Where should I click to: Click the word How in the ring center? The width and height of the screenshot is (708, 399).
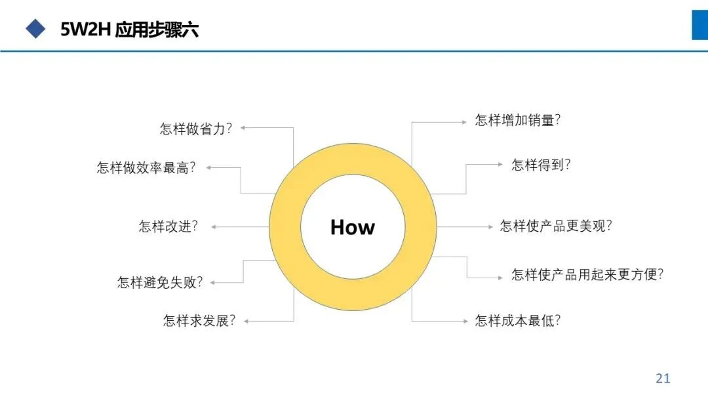(353, 227)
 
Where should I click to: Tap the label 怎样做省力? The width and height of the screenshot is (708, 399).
(196, 129)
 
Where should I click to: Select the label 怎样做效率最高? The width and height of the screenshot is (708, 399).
(146, 168)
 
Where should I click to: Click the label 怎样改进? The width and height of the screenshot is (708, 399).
(168, 226)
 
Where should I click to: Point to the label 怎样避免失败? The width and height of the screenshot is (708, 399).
(160, 282)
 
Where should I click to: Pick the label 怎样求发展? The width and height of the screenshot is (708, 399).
(199, 321)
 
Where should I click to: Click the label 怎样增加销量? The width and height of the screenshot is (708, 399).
(517, 121)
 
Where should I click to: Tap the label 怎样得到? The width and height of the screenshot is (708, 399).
(541, 165)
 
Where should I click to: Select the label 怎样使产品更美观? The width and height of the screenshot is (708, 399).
(556, 226)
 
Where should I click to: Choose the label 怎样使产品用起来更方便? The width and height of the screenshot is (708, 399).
(587, 274)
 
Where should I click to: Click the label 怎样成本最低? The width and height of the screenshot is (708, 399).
(517, 321)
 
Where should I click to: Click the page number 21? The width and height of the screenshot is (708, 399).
(663, 378)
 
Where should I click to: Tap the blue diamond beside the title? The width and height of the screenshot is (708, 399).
(35, 28)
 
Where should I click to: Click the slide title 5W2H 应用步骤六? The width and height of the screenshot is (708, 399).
(129, 30)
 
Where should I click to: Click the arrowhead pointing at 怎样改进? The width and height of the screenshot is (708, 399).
(214, 227)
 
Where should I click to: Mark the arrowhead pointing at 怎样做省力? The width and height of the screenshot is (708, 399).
(243, 129)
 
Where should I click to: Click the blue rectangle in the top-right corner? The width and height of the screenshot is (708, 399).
(699, 25)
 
